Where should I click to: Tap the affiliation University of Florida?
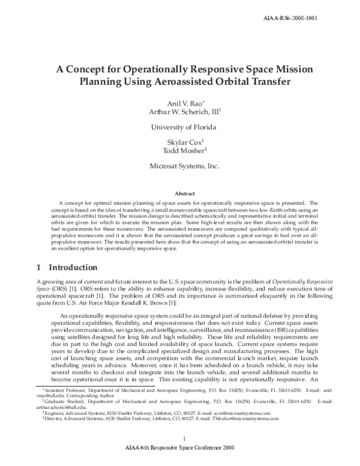pos(179,127)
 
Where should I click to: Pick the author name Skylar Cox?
pos(178,142)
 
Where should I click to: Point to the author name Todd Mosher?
pos(179,151)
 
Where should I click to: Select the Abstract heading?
pos(180,194)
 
